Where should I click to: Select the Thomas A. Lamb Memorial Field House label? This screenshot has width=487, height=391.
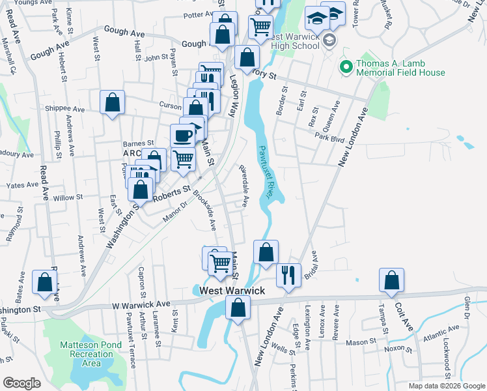[x=400, y=68]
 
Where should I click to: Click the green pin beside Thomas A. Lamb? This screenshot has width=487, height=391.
[x=344, y=65]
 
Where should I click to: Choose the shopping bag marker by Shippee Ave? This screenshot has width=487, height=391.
[x=112, y=103]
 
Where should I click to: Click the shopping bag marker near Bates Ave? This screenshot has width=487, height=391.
[x=44, y=282]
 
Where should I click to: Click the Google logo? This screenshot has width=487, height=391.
[x=21, y=383]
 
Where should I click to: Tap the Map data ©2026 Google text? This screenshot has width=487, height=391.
[x=446, y=386]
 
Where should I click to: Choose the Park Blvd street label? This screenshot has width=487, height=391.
[x=329, y=138]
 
